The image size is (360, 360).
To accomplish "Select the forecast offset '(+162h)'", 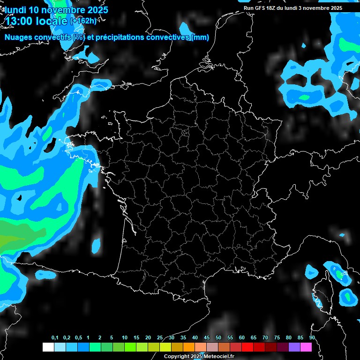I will pos(83,21).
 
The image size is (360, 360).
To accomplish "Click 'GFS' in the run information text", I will pos(261,8).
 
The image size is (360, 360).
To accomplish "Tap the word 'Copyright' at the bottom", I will pos(176,357).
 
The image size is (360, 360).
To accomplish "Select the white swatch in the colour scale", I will pos(48,347).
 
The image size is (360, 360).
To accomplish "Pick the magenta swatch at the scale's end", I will pos(306,347).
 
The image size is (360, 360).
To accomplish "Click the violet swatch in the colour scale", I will pos(294,347).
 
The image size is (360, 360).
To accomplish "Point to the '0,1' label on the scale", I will pos(55,338).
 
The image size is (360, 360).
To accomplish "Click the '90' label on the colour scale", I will pos(312,338).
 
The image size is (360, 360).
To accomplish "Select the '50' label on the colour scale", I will pos(218,338).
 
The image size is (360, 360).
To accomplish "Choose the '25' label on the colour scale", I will pos(160,338).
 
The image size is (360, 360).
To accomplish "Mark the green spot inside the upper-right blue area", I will pos(305,97).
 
